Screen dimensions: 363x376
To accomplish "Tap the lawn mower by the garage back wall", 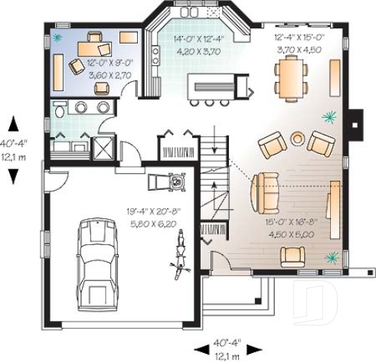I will pyautogui.click(x=178, y=183).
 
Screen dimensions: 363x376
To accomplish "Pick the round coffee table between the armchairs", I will pyautogui.click(x=297, y=139).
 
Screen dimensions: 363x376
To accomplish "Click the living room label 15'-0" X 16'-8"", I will pyautogui.click(x=284, y=227).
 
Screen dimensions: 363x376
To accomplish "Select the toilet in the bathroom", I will pyautogui.click(x=59, y=113).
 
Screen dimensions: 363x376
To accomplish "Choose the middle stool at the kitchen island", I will pyautogui.click(x=208, y=101).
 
